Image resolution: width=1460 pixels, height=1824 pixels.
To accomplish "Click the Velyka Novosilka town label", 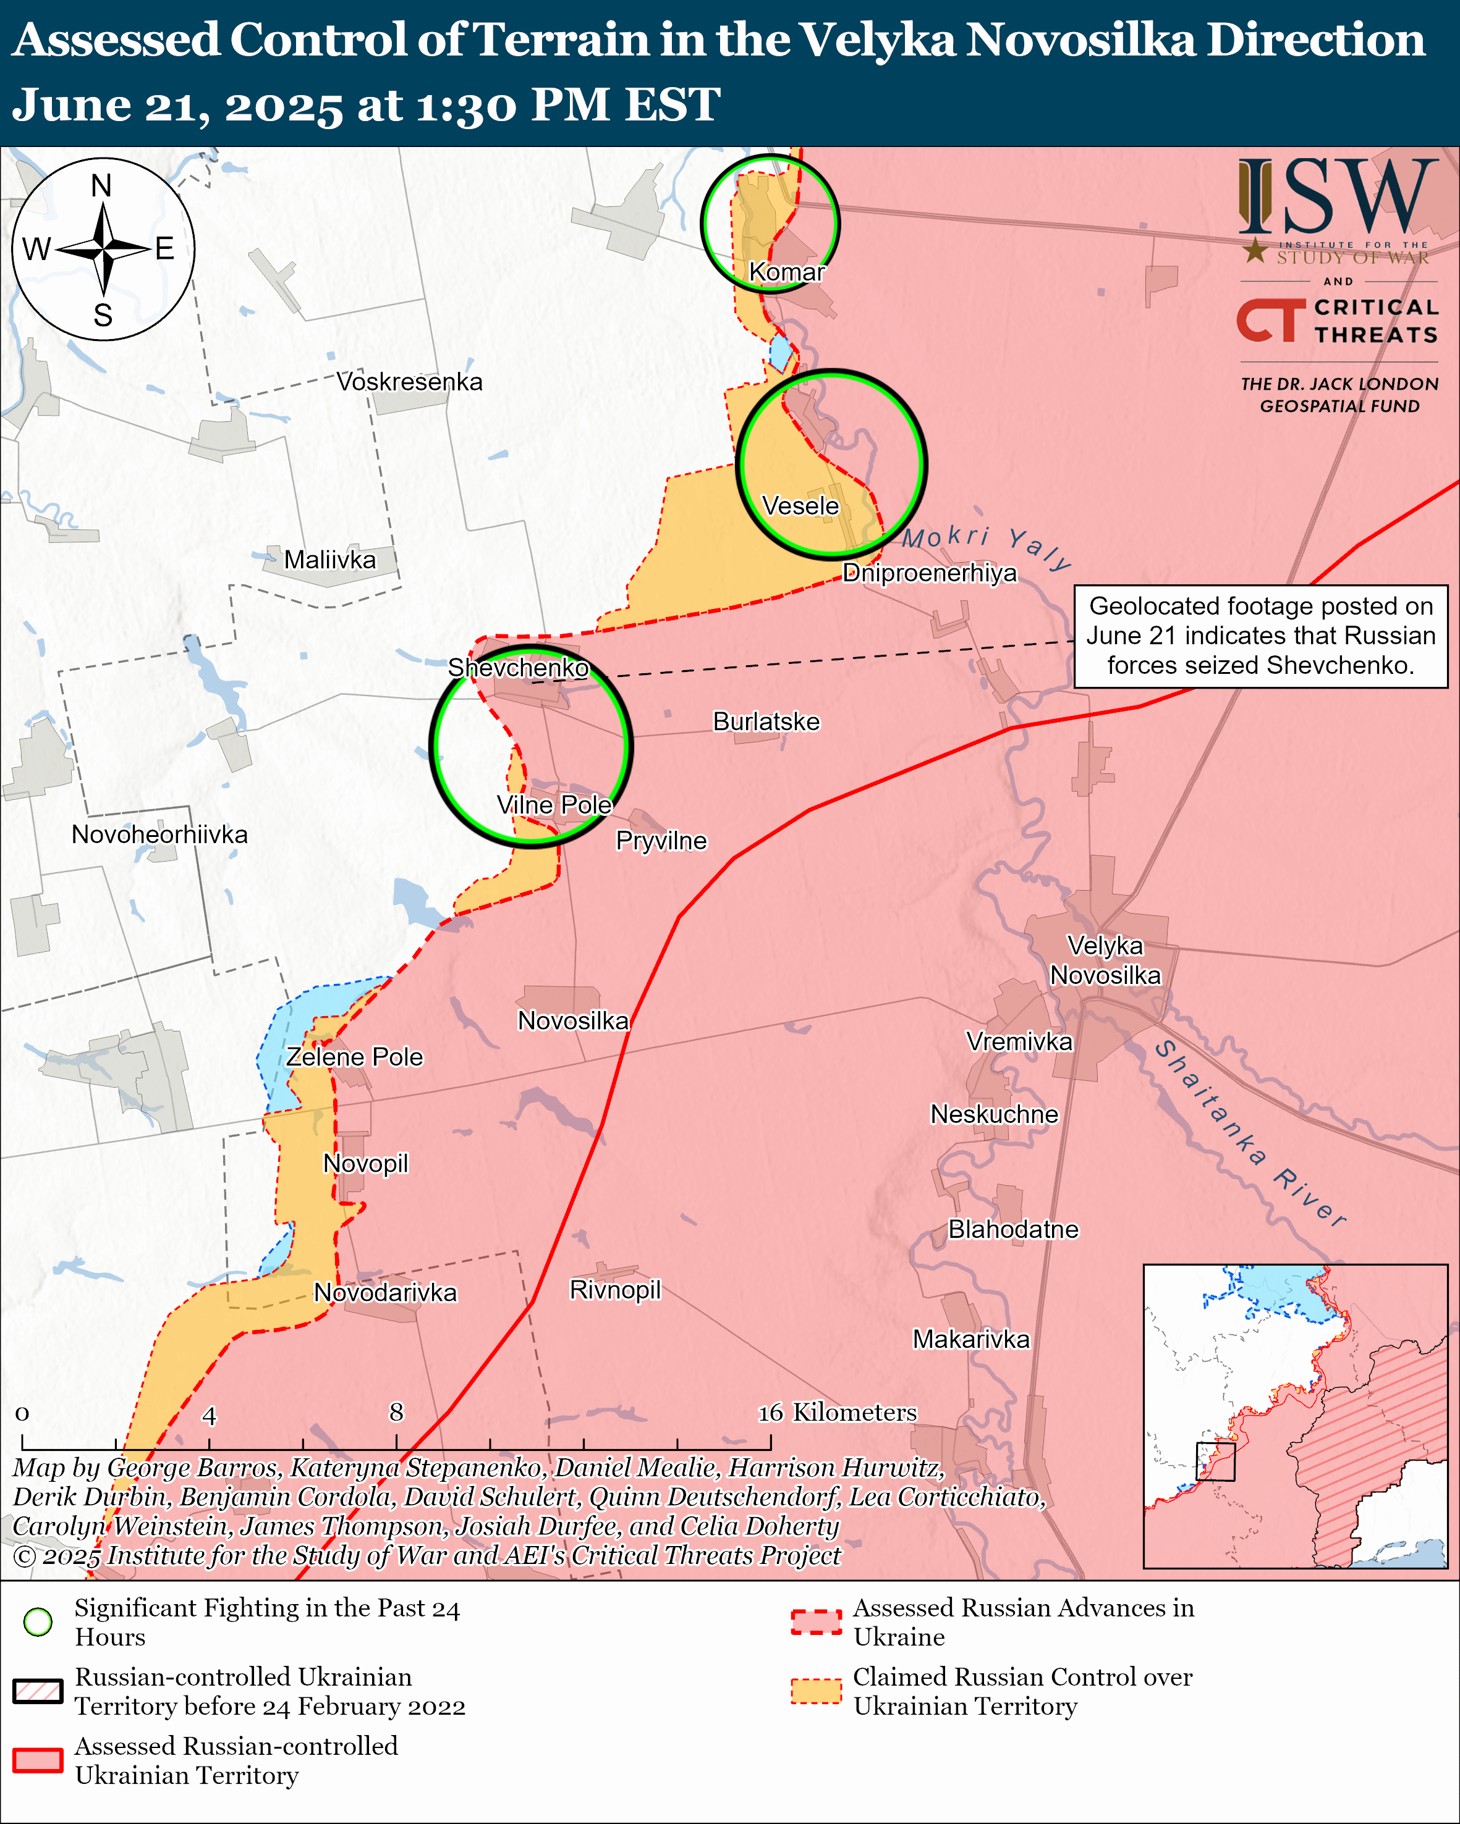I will [1105, 960].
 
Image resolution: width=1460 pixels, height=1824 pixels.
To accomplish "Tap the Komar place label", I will [786, 272].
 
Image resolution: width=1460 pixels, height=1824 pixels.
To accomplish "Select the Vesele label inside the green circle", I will [800, 506].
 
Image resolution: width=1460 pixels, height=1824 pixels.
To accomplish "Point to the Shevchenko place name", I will [518, 668].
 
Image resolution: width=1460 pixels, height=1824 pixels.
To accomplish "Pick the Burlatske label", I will [766, 721].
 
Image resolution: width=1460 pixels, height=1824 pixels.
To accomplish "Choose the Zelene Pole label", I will [354, 1057].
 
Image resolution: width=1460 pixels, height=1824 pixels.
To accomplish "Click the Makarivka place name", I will [971, 1339].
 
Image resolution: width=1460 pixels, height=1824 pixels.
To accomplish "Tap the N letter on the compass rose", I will [101, 185].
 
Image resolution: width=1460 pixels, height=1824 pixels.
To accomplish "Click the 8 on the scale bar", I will [396, 1412].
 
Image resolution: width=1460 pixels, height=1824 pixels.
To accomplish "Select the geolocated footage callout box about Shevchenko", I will [1260, 636].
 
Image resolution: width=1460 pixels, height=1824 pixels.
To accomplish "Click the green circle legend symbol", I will [38, 1622].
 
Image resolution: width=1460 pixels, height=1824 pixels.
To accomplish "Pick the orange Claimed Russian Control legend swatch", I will [816, 1691].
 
